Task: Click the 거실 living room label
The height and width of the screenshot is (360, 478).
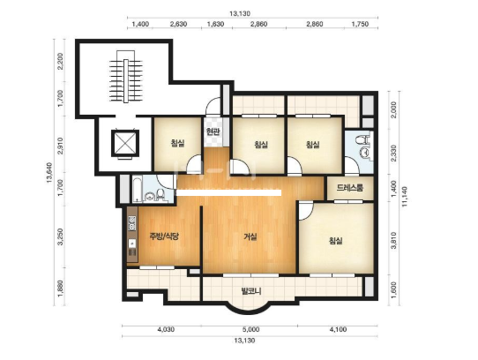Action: (250, 236)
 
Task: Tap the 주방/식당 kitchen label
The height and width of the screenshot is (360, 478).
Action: (164, 236)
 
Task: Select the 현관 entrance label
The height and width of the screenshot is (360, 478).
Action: (213, 132)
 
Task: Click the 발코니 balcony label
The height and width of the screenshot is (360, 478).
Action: (251, 291)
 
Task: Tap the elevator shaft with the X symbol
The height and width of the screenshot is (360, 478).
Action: (125, 144)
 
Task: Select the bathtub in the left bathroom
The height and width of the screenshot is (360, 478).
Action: (137, 189)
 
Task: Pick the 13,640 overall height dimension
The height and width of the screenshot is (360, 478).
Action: (49, 173)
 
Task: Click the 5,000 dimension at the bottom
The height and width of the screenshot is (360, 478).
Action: (250, 329)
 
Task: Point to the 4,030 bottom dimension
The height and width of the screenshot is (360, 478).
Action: (166, 329)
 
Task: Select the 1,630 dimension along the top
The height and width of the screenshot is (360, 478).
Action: (215, 24)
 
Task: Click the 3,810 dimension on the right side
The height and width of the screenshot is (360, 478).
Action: (393, 240)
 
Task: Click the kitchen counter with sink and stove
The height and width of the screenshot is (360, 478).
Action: (132, 235)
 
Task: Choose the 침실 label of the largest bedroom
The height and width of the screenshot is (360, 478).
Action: (335, 241)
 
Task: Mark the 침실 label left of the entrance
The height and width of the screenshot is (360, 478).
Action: (178, 143)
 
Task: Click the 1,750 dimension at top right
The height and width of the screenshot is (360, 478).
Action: (360, 24)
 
